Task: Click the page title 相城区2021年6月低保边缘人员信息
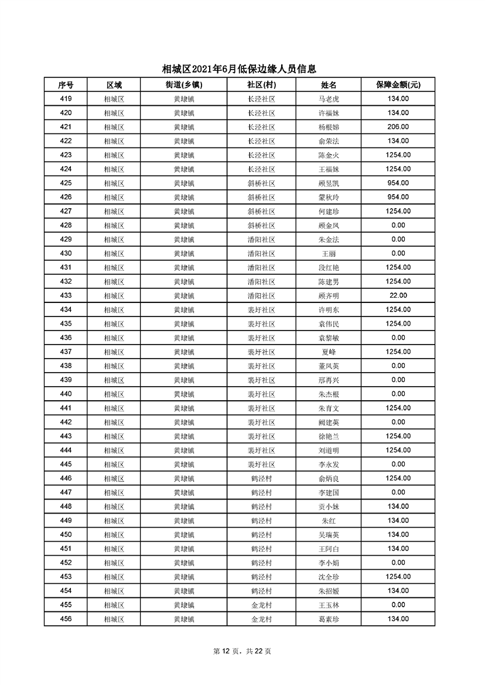243,69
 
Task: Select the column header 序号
66,85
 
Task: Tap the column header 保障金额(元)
398,85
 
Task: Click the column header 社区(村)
261,85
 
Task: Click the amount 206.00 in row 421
398,127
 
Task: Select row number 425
66,183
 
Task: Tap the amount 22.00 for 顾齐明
398,295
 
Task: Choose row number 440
66,394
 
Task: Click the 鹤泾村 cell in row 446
261,478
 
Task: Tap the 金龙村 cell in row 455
261,605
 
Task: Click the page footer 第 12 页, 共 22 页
242,651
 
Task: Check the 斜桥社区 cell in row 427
261,211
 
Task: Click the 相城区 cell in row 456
114,619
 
